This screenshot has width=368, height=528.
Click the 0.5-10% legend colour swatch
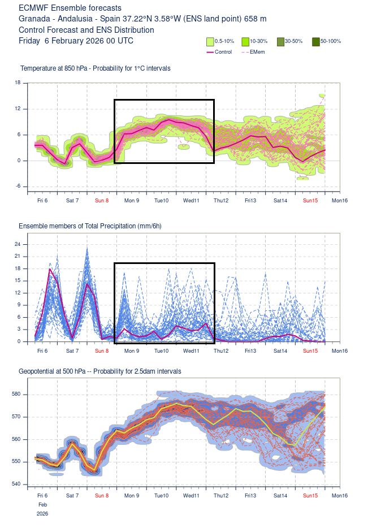(210, 41)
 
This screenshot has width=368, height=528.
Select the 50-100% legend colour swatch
(316, 41)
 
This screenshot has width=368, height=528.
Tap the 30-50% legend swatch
(280, 41)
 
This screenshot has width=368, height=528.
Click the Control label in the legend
(223, 52)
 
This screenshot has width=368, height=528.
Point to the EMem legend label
(257, 52)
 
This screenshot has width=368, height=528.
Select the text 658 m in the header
(256, 19)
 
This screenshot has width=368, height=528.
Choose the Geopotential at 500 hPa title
(59, 371)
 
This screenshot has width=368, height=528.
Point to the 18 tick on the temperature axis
(18, 83)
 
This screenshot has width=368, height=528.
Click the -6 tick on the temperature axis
(18, 186)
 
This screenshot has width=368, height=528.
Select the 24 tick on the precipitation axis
(18, 244)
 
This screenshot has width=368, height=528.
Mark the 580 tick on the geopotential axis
(16, 394)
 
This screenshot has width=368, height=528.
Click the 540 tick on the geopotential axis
(16, 484)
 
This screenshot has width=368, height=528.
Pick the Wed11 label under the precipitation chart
(191, 351)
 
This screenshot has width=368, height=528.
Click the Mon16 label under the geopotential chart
(339, 496)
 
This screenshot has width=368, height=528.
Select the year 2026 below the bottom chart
(42, 514)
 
